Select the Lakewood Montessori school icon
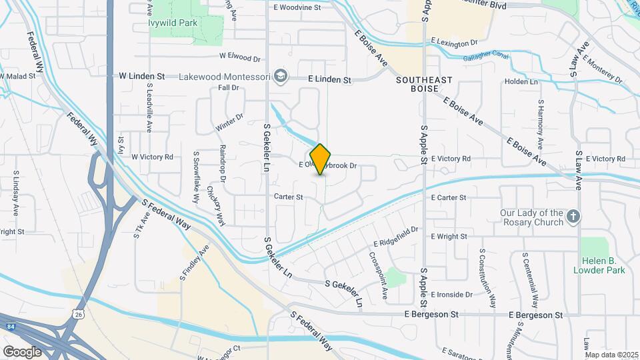pos(280,77)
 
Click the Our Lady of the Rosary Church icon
pos(573,216)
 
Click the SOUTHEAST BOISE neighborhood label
pos(424,84)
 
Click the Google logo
pos(22,351)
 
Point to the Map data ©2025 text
pos(611,355)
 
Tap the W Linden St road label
pos(141,77)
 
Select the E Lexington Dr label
pos(455,41)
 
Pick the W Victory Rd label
pos(152,157)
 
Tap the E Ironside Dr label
pos(452,294)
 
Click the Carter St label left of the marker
pos(289,197)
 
